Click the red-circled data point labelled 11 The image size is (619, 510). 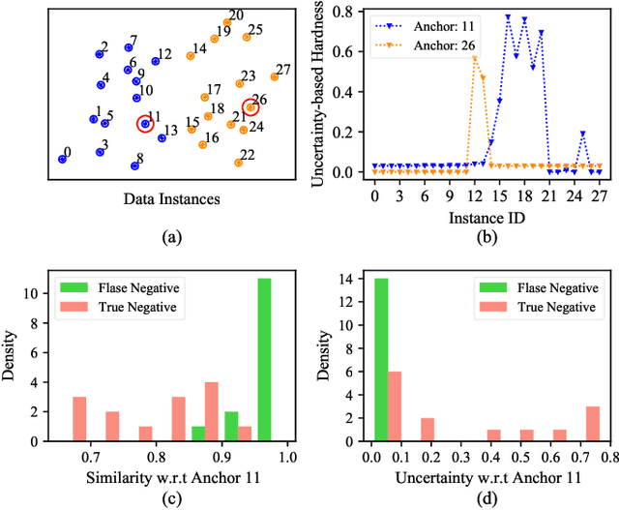pyautogui.click(x=145, y=123)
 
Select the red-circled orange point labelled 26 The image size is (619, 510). pyautogui.click(x=250, y=107)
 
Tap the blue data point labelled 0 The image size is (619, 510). pyautogui.click(x=62, y=159)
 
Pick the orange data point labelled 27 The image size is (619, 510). pyautogui.click(x=275, y=76)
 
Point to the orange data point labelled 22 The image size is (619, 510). pyautogui.click(x=239, y=162)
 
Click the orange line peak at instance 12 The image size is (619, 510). pyautogui.click(x=474, y=59)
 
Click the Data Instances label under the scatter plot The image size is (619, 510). pyautogui.click(x=171, y=200)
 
